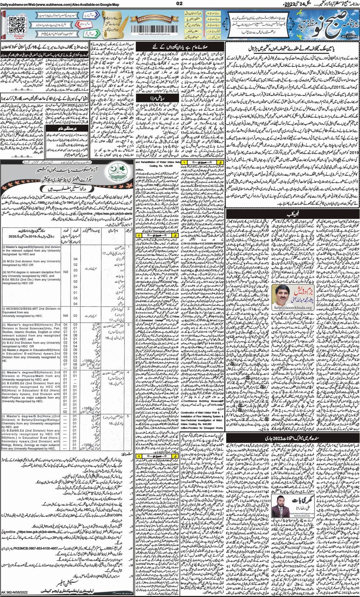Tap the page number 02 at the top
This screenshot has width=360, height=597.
pyautogui.click(x=180, y=4)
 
